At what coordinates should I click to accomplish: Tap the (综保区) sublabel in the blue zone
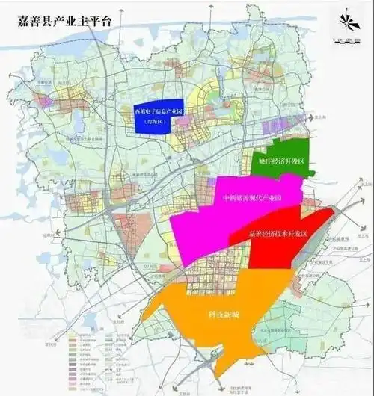click(162, 120)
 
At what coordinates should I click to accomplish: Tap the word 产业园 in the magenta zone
click(273, 198)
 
